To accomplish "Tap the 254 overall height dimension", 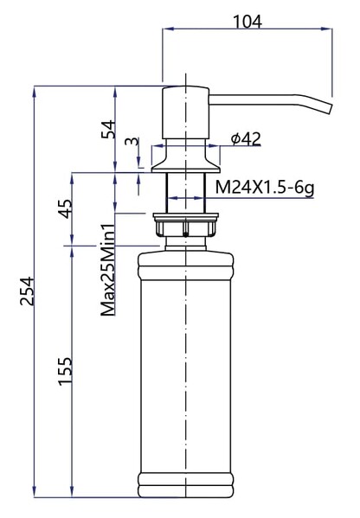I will (x=25, y=293).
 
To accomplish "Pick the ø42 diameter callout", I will (x=246, y=138).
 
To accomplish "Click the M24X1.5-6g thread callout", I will (x=263, y=187).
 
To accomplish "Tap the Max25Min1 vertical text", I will (x=108, y=270).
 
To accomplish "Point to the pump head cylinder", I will (x=184, y=112).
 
